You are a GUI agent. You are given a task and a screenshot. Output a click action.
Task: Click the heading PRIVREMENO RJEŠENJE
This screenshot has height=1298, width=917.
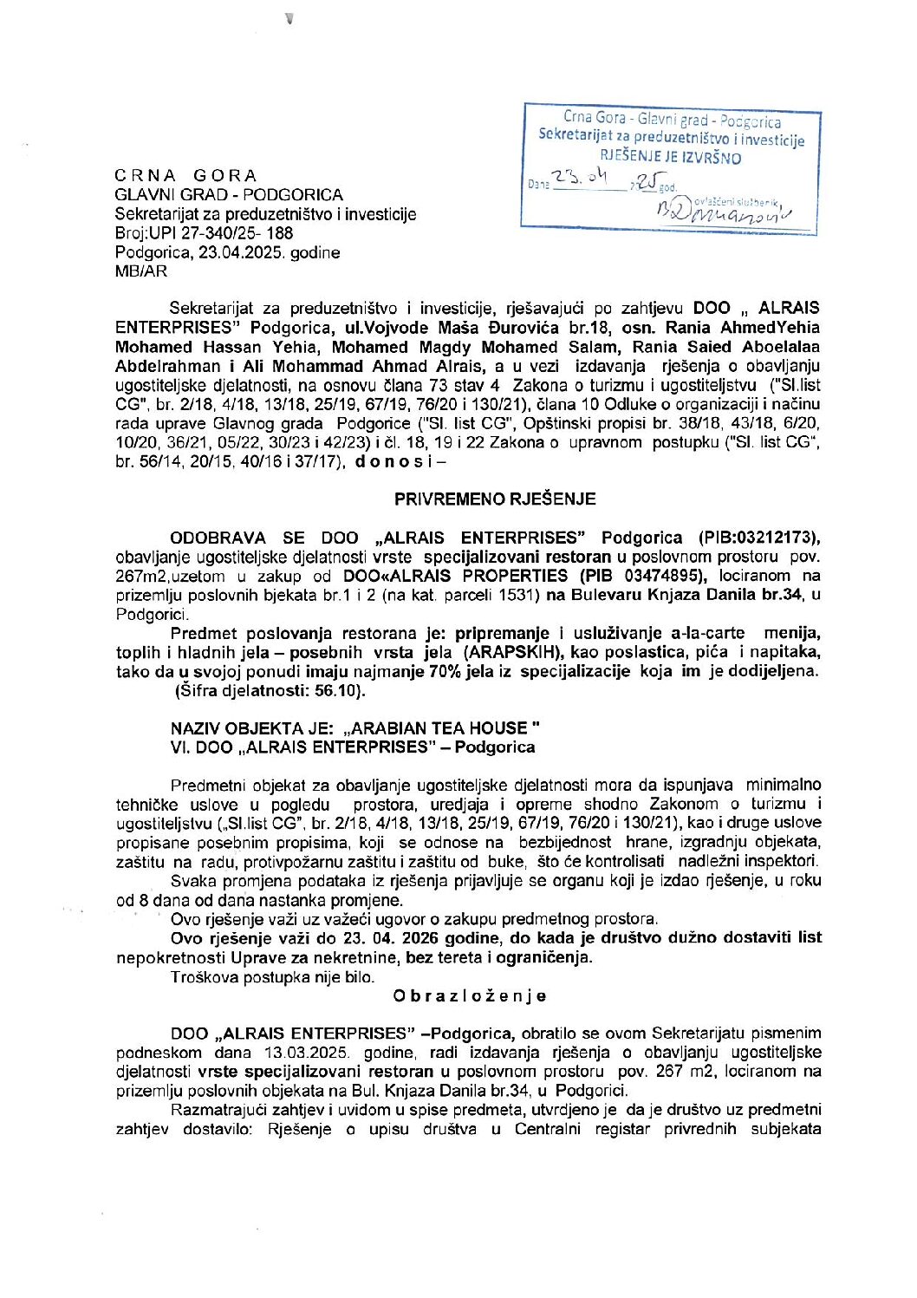click(x=495, y=499)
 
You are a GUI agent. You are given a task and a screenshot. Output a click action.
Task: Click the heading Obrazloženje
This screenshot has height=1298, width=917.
click(x=469, y=995)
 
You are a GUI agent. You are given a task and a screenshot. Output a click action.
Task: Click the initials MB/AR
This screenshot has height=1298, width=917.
click(x=141, y=271)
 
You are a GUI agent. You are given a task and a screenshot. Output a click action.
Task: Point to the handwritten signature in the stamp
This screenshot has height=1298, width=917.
click(x=724, y=210)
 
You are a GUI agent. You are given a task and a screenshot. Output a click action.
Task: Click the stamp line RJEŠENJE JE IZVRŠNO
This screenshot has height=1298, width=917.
click(x=671, y=158)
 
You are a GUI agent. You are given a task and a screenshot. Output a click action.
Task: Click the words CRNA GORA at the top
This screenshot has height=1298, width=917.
click(x=185, y=175)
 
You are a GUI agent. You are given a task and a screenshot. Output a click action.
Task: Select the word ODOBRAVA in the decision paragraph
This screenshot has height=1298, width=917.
click(x=218, y=538)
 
